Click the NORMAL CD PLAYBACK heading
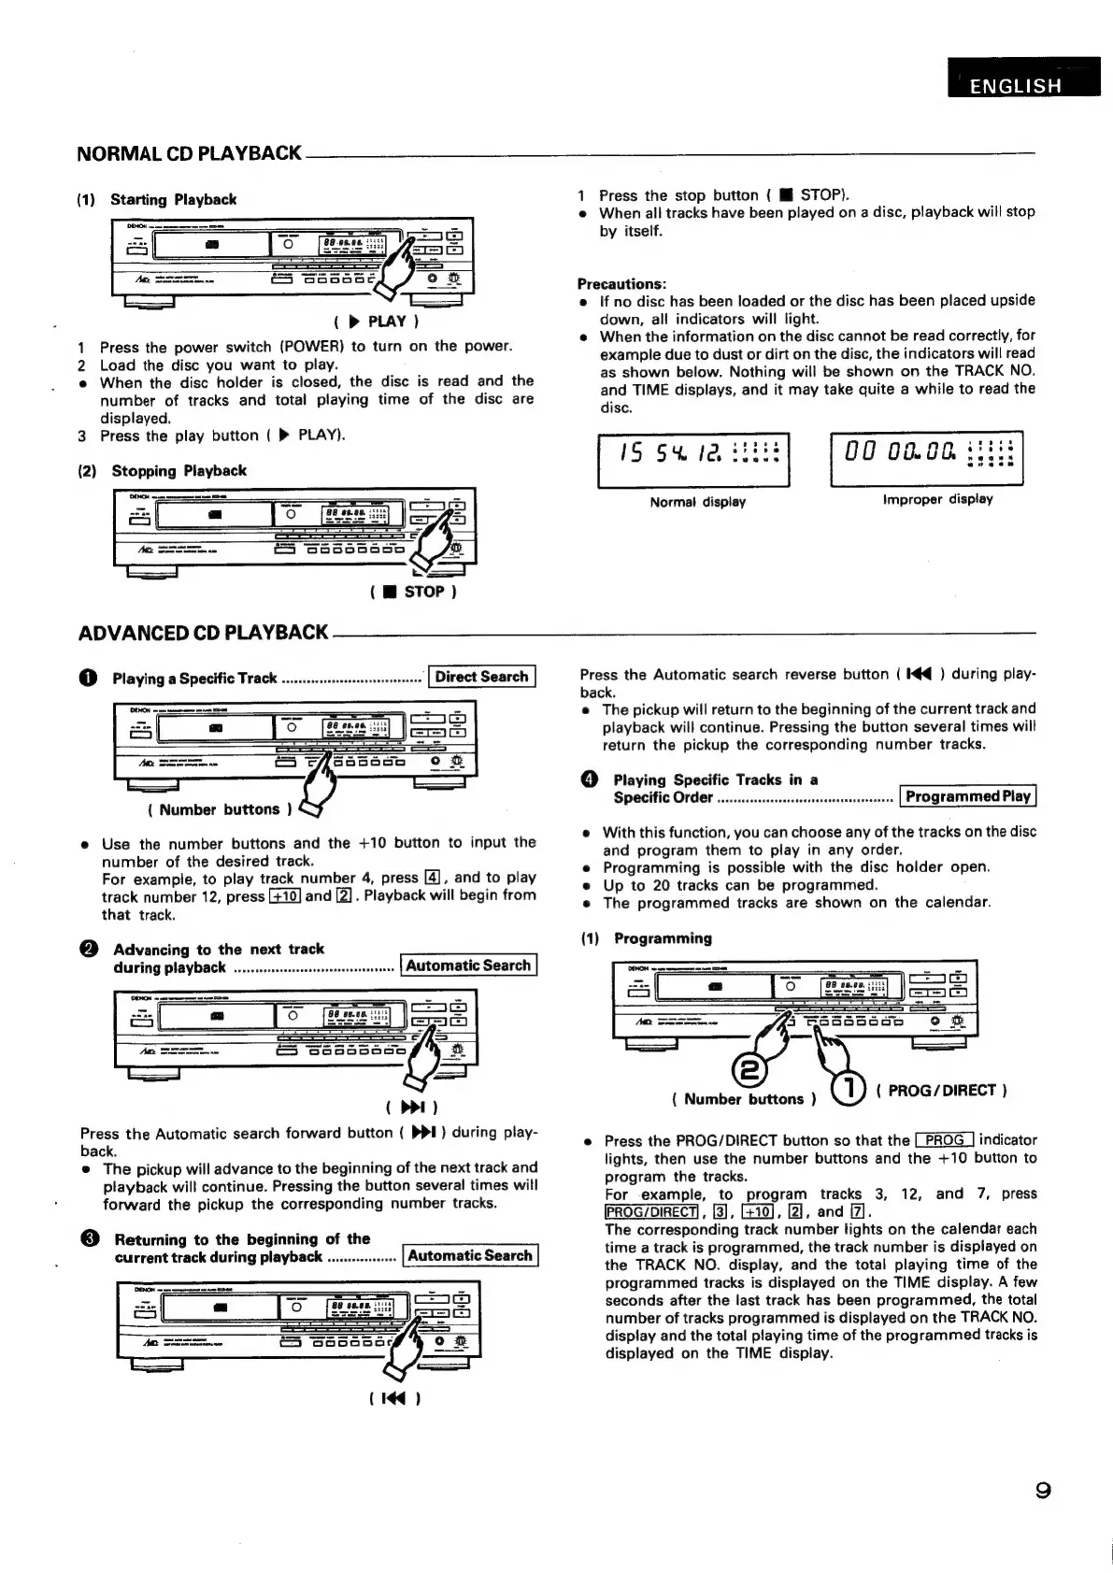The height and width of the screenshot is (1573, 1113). (x=189, y=153)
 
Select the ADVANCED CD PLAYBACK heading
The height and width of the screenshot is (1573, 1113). (x=203, y=633)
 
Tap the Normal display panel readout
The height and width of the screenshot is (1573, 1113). (x=693, y=458)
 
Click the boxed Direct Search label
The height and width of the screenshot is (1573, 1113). (x=481, y=677)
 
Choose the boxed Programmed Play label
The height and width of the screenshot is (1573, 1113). (x=967, y=797)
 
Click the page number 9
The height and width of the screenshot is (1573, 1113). (x=1042, y=1490)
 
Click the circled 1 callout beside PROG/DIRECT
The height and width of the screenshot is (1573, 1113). (x=849, y=1090)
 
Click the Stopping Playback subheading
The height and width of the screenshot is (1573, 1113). (x=178, y=471)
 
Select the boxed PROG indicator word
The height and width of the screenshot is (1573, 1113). (x=945, y=1140)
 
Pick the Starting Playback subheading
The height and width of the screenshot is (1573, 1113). (x=173, y=199)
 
